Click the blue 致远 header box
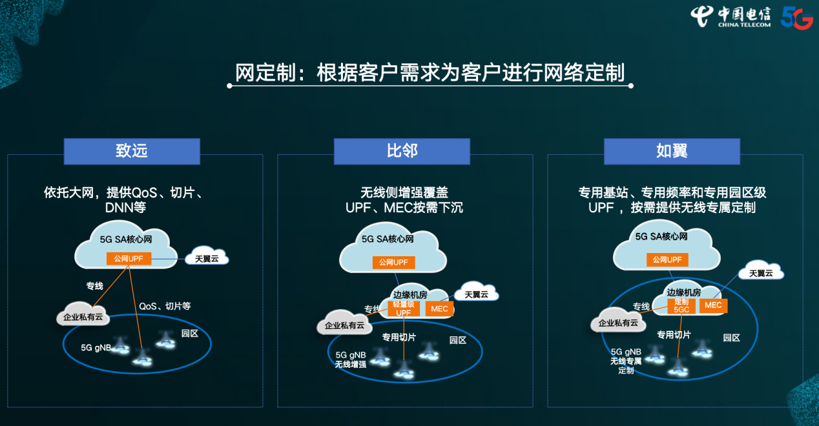pos(132,151)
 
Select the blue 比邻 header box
pos(402,151)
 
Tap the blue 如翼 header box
pos(672,151)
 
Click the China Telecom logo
pos(731,16)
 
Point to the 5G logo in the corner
pos(796,17)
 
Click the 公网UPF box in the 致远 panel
pos(129,259)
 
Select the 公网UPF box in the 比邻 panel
pos(394,262)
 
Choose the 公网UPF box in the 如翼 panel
pos(667,259)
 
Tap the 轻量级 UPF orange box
pos(403,309)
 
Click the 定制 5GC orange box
pos(681,305)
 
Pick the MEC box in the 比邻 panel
pos(439,309)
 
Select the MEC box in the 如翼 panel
pos(713,305)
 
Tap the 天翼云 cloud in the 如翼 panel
pos(761,272)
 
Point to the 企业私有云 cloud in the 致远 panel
pos(83,317)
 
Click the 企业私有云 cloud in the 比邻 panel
pos(344,325)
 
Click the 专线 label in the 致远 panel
pos(95,285)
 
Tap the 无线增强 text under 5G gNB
pos(350,365)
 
